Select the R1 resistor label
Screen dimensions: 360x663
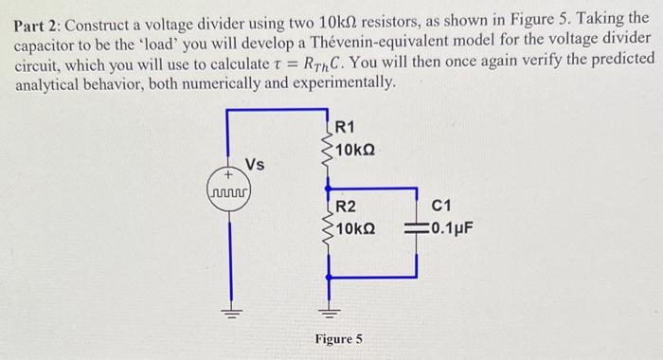346,129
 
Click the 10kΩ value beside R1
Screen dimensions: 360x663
355,150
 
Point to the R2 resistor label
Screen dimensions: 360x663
347,207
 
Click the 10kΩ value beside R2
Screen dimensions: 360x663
356,228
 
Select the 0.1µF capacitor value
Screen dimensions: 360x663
451,228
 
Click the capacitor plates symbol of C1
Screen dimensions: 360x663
418,228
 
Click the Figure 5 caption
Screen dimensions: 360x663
338,338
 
